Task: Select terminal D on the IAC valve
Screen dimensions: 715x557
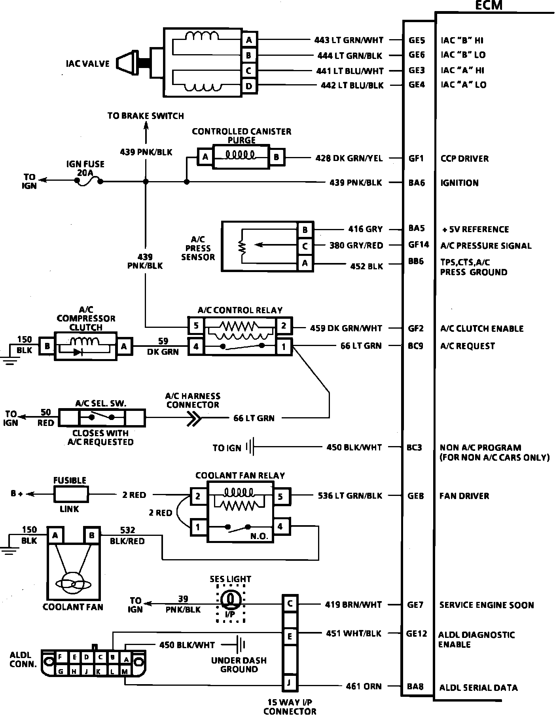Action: pyautogui.click(x=248, y=86)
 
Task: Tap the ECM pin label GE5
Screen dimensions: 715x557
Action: pyautogui.click(x=417, y=40)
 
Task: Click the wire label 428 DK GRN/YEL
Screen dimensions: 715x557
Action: pyautogui.click(x=349, y=158)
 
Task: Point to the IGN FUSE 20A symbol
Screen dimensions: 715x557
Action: pyautogui.click(x=89, y=182)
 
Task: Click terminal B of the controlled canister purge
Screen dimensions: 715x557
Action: pyautogui.click(x=276, y=157)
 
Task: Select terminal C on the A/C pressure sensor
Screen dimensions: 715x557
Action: pyautogui.click(x=305, y=246)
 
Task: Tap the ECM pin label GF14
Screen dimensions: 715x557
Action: pyautogui.click(x=419, y=245)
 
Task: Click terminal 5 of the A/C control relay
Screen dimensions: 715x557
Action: pyautogui.click(x=196, y=326)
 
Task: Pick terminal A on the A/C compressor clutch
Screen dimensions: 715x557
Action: pyautogui.click(x=124, y=346)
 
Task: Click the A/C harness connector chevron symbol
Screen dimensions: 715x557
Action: pyautogui.click(x=194, y=418)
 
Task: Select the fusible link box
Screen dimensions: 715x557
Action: pyautogui.click(x=70, y=494)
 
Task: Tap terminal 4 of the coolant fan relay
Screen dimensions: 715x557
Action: pyautogui.click(x=280, y=526)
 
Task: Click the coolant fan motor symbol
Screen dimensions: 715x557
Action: pyautogui.click(x=73, y=583)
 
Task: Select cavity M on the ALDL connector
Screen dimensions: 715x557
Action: pyautogui.click(x=125, y=671)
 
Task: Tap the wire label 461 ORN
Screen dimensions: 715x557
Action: pyautogui.click(x=364, y=687)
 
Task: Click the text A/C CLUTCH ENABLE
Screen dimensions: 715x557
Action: pyautogui.click(x=481, y=329)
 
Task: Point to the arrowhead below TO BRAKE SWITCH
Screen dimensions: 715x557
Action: pyautogui.click(x=146, y=125)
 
